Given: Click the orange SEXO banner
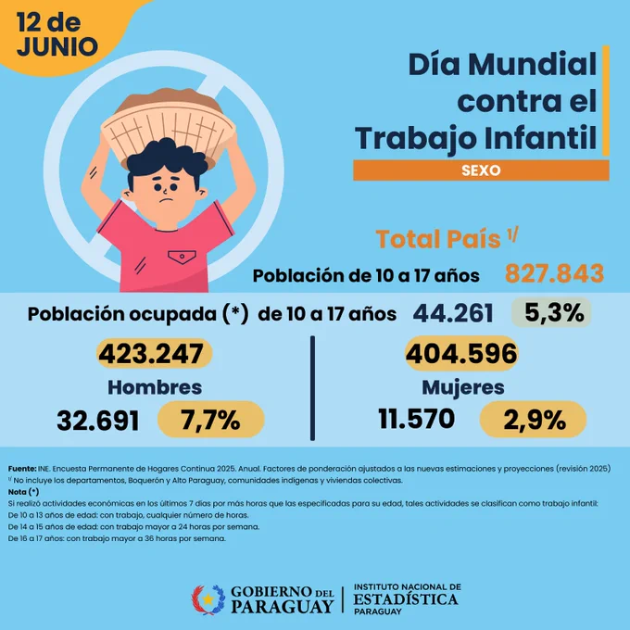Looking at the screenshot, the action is click(x=481, y=170).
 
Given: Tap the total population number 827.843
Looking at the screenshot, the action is click(x=554, y=273).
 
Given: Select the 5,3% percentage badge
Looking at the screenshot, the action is click(x=551, y=312).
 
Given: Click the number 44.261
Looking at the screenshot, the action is click(x=453, y=313).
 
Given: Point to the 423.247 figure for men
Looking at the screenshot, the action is click(x=155, y=354).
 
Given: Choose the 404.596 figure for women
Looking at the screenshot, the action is click(x=461, y=354).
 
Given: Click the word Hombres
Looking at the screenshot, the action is click(x=155, y=387).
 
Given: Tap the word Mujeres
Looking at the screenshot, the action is click(x=463, y=388).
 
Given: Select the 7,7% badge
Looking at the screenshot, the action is click(x=211, y=420).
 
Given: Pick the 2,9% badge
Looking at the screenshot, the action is click(x=533, y=420).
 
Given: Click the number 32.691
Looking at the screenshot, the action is click(x=98, y=421).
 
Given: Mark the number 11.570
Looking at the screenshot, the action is click(x=417, y=418).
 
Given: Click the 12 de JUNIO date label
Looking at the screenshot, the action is click(x=57, y=34).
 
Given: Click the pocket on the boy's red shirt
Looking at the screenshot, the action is click(x=182, y=257).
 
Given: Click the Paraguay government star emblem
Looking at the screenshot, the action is click(x=208, y=599).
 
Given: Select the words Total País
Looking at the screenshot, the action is click(x=438, y=239).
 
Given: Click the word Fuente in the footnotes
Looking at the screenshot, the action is click(x=21, y=469).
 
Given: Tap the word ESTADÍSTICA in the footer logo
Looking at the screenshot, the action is click(x=406, y=599).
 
